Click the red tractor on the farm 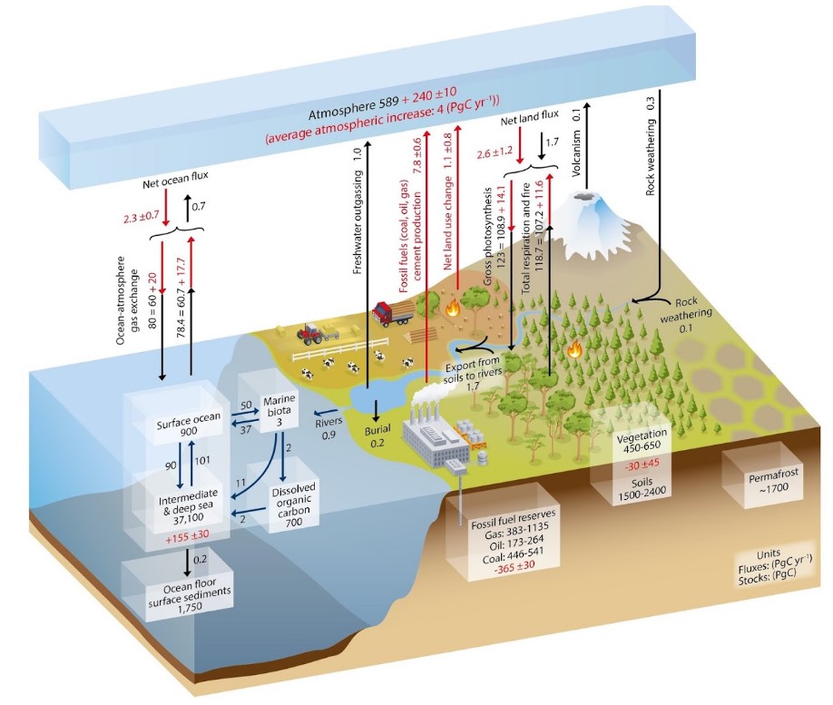309,333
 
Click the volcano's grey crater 585,197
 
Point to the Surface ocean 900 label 188,424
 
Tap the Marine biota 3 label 279,410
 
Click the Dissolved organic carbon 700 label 293,504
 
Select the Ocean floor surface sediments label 190,595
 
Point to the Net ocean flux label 175,180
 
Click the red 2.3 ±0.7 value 134,215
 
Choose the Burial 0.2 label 377,436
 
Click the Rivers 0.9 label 328,428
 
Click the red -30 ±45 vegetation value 642,464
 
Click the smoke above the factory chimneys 430,394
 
